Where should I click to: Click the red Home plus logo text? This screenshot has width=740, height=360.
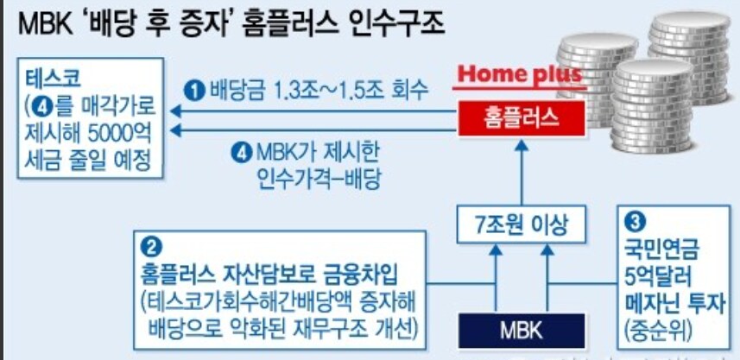[x=519, y=75]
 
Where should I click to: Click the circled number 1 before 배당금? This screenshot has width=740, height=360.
[x=196, y=88]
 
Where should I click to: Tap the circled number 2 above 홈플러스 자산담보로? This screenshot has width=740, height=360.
[x=149, y=245]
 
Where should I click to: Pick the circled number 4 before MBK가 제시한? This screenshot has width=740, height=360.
[x=243, y=153]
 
